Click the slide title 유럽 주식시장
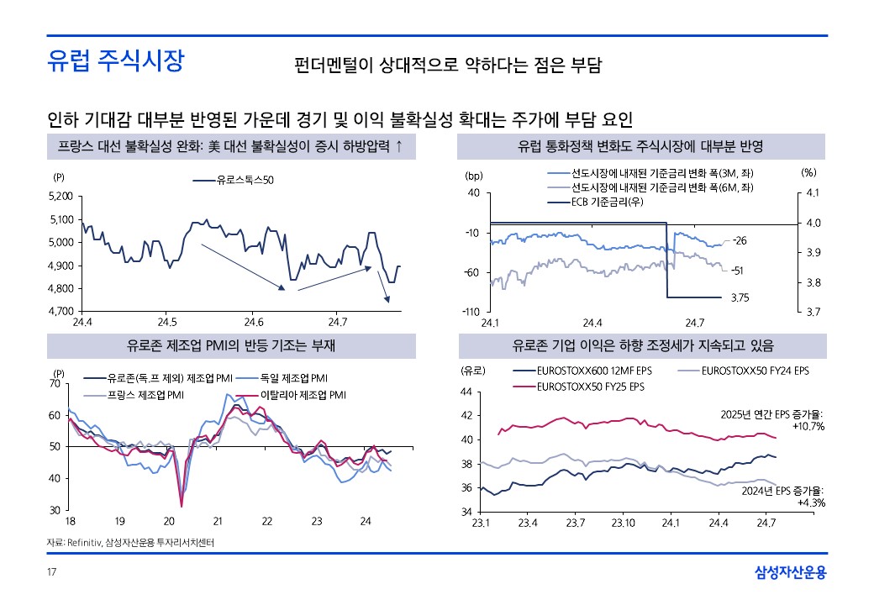[x=115, y=61]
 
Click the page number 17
[x=51, y=574]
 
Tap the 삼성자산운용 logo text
[x=791, y=573]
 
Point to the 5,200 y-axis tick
[x=61, y=197]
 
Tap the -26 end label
[x=740, y=241]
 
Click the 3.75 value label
[x=740, y=297]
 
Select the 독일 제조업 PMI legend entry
[x=293, y=378]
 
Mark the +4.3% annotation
[x=810, y=502]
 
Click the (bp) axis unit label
[x=473, y=176]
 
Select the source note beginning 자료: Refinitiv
[x=130, y=543]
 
